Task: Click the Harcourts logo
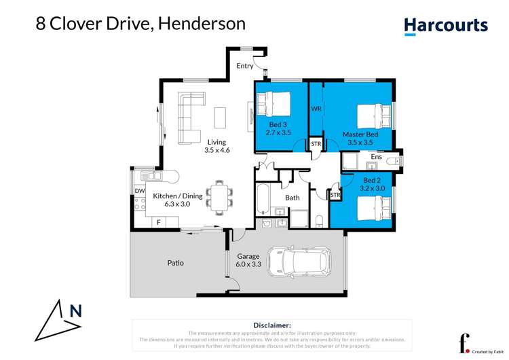point(446,26)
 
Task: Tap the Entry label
point(245,66)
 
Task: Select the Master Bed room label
point(360,134)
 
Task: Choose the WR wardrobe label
point(316,109)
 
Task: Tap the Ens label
point(376,157)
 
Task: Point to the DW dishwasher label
point(139,192)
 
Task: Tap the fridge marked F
point(158,222)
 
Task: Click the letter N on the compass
point(76,312)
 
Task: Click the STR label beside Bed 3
point(316,145)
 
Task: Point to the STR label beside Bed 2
point(335,196)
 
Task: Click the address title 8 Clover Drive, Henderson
point(140,24)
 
